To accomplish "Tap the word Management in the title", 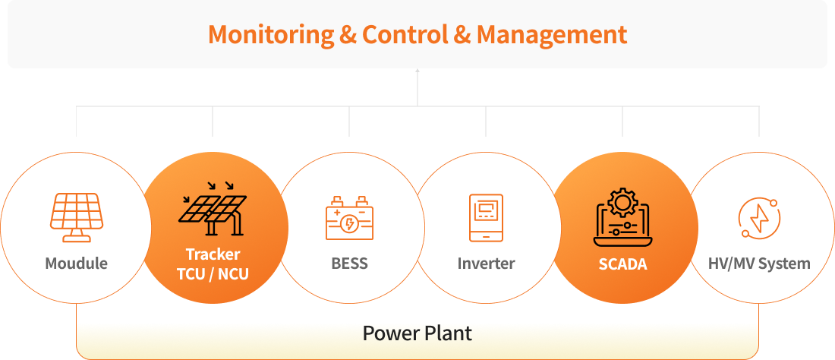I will click(552, 35).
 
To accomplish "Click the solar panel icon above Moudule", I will click(76, 216).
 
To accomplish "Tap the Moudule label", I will click(76, 264).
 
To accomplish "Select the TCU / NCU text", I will click(213, 274).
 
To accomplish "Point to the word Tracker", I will click(213, 254).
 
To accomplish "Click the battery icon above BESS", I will click(349, 219).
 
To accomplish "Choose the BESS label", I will click(349, 264).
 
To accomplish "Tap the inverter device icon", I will click(486, 217).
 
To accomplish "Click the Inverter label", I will click(486, 264).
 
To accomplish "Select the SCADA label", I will click(622, 264).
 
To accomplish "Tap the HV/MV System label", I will click(759, 264).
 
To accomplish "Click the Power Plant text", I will click(417, 333).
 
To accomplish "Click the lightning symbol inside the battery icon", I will click(349, 223).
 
